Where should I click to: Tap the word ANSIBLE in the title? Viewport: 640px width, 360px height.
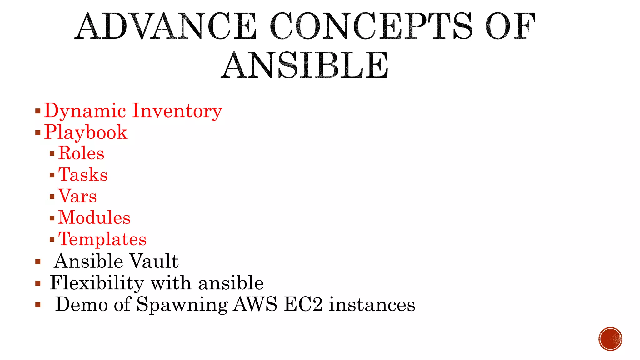[305, 65]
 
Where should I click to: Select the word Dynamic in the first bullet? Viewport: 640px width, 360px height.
[85, 111]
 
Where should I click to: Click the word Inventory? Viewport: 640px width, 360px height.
[177, 111]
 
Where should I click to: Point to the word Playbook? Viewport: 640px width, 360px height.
[86, 132]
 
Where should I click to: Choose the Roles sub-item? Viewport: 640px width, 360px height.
[81, 153]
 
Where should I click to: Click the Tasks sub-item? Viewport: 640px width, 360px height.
[83, 174]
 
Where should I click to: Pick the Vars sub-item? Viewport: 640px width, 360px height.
[77, 196]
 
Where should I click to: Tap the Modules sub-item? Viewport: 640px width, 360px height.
[94, 217]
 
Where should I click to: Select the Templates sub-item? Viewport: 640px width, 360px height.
[102, 239]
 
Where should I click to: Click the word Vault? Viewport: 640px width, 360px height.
[154, 261]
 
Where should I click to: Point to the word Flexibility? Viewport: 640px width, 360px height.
[97, 283]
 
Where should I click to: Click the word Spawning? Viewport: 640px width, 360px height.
[182, 305]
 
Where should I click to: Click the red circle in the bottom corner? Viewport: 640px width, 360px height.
[610, 339]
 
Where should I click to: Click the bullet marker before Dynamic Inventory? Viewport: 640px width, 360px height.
[38, 111]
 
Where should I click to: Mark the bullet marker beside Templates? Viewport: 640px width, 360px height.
[52, 240]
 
